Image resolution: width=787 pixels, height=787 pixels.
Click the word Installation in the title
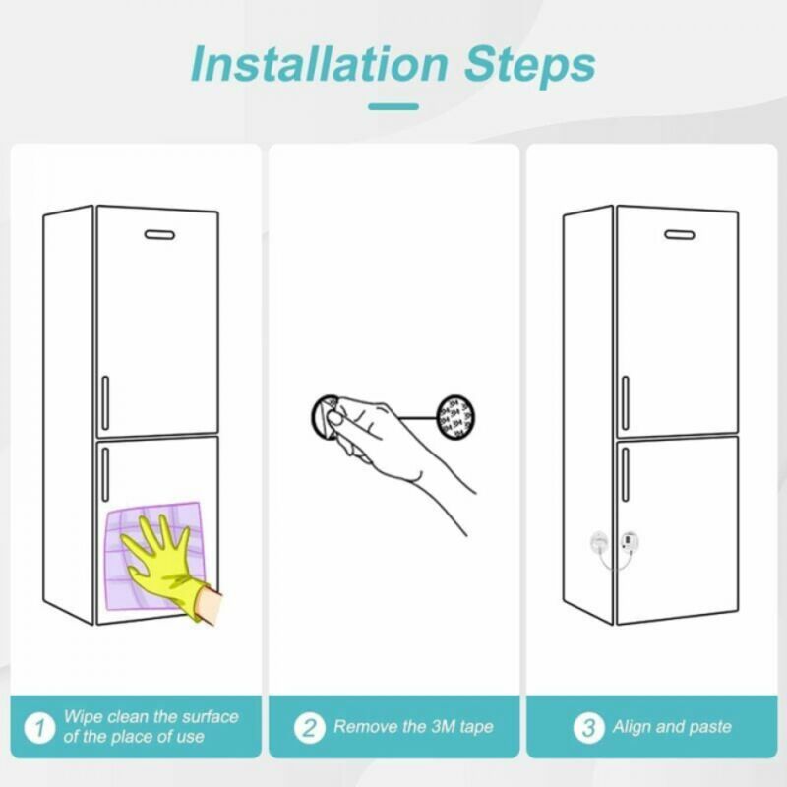[x=319, y=64]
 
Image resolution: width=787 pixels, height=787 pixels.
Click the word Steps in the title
[x=530, y=66]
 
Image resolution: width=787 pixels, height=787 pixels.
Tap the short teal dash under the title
[x=393, y=106]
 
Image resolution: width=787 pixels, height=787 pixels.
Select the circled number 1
[x=39, y=727]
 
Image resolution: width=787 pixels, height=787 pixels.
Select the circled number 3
[x=588, y=727]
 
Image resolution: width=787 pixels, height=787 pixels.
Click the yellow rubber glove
[x=166, y=567]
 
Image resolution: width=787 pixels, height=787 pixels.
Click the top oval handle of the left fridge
[x=159, y=235]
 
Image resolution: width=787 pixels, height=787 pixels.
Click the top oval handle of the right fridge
[x=680, y=235]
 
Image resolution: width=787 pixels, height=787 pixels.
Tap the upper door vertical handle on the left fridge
[x=105, y=403]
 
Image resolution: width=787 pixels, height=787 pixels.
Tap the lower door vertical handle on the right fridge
[x=626, y=474]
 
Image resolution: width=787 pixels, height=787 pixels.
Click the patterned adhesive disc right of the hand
[x=455, y=417]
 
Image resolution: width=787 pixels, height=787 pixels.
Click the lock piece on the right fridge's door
[x=630, y=541]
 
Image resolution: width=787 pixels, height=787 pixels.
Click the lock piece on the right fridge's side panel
[x=599, y=542]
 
